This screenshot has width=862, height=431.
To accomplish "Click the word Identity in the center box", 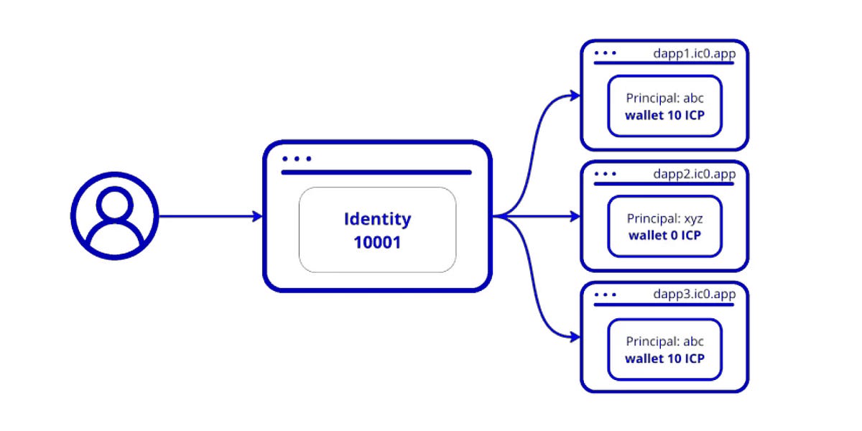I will click(377, 218).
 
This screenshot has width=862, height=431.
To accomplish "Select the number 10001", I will click(377, 243).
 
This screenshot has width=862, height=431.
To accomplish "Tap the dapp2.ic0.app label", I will click(694, 174).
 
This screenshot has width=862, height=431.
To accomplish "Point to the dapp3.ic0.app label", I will click(694, 295).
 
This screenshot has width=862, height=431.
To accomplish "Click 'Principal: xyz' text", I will click(664, 218).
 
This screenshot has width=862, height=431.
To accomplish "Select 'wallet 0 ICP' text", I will click(664, 235).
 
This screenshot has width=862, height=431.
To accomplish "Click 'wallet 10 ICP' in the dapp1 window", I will click(664, 115).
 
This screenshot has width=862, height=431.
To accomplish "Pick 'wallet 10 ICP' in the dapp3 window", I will click(664, 358).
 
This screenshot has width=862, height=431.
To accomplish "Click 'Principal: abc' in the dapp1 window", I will click(664, 98).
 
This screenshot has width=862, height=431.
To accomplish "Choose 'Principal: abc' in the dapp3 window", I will click(664, 342).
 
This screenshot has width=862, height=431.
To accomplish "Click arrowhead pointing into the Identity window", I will click(257, 215).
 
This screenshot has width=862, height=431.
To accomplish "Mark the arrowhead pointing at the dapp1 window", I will click(574, 95).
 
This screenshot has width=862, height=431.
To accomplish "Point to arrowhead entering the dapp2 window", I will click(574, 215).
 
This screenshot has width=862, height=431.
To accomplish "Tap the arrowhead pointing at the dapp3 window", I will click(574, 336).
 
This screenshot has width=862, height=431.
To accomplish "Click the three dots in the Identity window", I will click(297, 159).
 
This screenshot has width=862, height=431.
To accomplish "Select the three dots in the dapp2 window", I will click(606, 174).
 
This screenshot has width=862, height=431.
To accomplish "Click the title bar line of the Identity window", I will click(376, 172).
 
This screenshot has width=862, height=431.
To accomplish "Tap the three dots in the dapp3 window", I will click(606, 295).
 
